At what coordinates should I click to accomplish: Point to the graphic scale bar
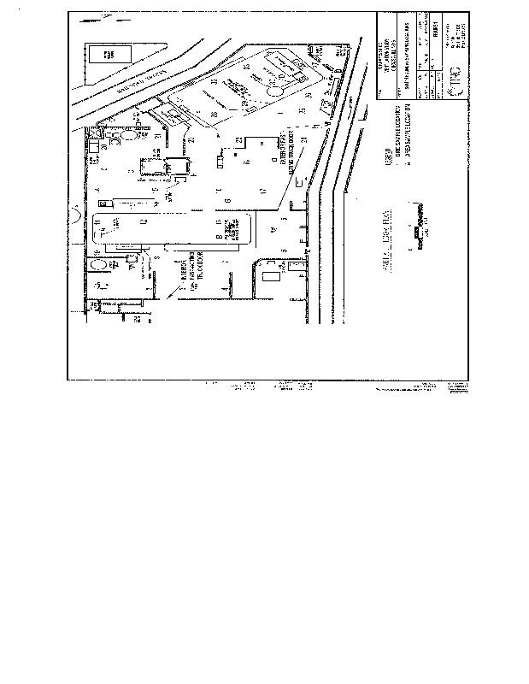pos(414,232)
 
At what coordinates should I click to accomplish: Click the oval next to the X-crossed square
pos(130,134)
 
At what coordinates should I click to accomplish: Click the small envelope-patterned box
pos(104,203)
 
